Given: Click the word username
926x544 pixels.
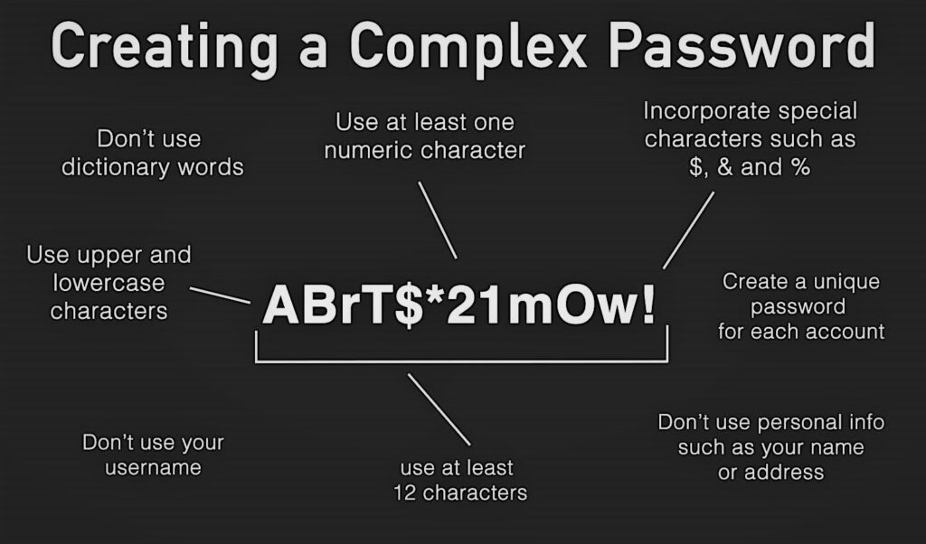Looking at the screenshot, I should coord(153,467).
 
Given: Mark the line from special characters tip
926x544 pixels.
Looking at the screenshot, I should coord(688,230).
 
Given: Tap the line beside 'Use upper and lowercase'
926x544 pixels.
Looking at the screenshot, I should coord(220,295).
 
